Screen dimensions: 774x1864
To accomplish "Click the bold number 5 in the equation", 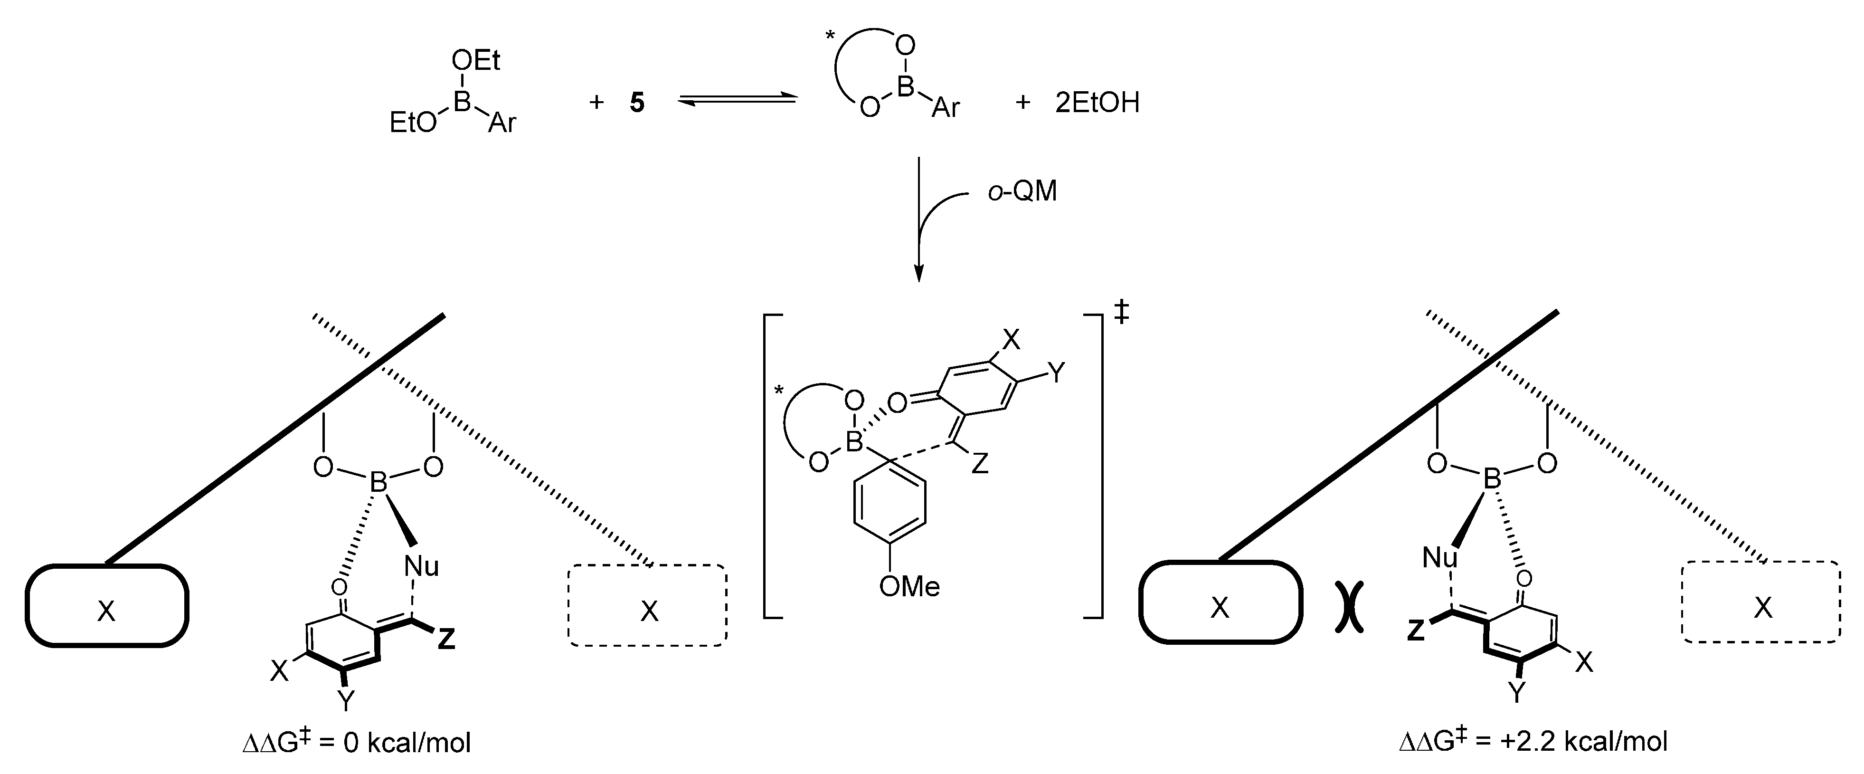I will pyautogui.click(x=637, y=103).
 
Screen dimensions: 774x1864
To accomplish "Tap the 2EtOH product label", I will pyautogui.click(x=1097, y=103).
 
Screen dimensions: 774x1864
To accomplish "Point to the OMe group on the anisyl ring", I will pyautogui.click(x=909, y=586).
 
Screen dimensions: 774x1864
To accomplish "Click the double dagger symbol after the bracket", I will pyautogui.click(x=1121, y=313).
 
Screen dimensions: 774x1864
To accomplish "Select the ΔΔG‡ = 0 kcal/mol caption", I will pyautogui.click(x=357, y=743).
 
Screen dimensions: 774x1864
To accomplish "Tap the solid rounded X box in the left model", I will pyautogui.click(x=107, y=605).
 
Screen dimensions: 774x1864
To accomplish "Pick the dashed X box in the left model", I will pyautogui.click(x=648, y=605).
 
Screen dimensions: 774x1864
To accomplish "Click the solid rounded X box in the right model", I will pyautogui.click(x=1220, y=602).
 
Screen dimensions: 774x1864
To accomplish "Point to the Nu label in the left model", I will pyautogui.click(x=422, y=566).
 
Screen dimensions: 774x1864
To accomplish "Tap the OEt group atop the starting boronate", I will pyautogui.click(x=475, y=61).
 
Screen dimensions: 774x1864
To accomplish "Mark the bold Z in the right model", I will pyautogui.click(x=1415, y=631).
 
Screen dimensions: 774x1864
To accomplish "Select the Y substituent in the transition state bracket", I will pyautogui.click(x=1057, y=373).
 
